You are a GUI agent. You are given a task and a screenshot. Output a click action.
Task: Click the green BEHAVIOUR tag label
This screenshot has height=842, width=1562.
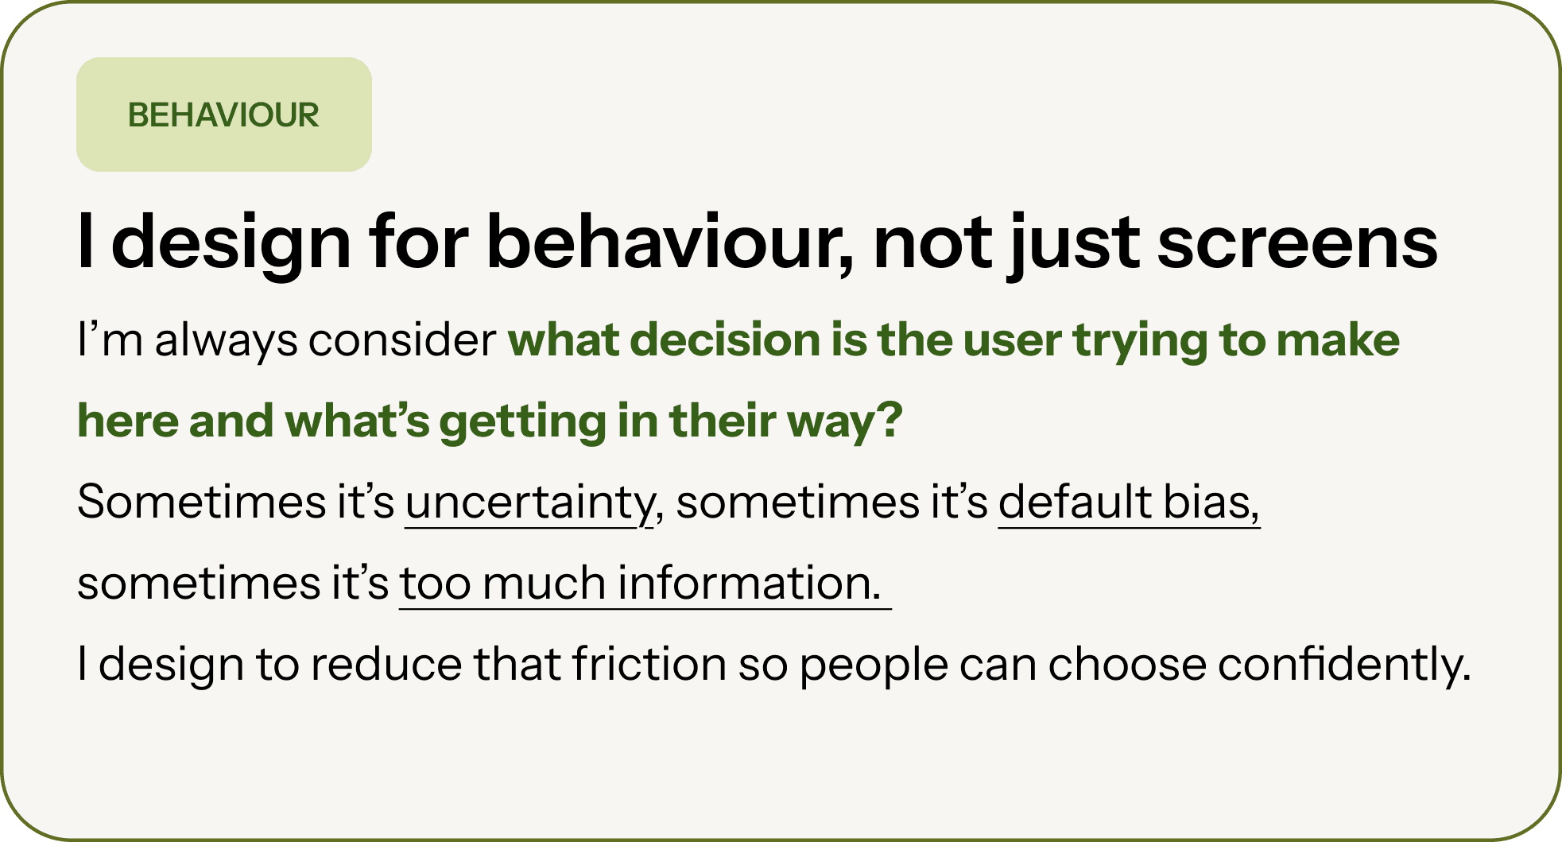pyautogui.click(x=223, y=115)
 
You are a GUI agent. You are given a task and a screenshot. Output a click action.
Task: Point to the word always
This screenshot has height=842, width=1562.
pyautogui.click(x=226, y=343)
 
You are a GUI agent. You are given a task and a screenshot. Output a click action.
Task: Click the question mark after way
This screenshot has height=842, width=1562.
pyautogui.click(x=892, y=419)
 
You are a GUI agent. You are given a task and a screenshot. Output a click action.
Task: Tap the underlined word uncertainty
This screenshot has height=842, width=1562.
pyautogui.click(x=530, y=504)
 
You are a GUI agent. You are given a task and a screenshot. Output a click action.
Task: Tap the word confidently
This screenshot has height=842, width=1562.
pyautogui.click(x=1344, y=665)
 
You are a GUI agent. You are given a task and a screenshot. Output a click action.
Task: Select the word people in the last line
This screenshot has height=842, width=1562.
pyautogui.click(x=874, y=667)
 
